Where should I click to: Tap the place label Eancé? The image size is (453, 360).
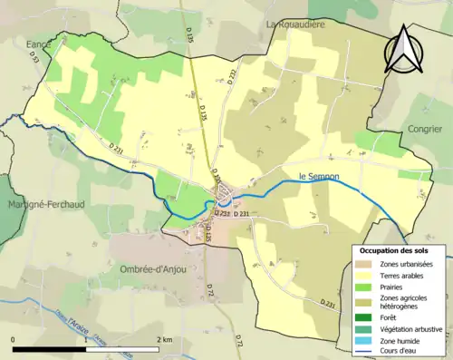click(39, 43)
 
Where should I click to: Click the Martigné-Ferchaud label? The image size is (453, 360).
click(45, 205)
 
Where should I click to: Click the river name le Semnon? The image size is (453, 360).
click(317, 176)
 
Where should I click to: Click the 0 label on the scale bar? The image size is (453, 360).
click(14, 339)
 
